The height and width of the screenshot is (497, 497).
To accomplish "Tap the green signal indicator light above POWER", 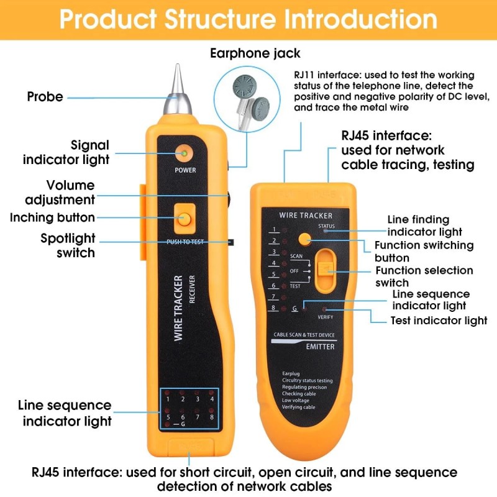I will pyautogui.click(x=185, y=153).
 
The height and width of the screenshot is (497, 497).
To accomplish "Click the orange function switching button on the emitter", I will pyautogui.click(x=304, y=239).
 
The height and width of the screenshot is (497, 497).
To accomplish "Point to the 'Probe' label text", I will pyautogui.click(x=45, y=97).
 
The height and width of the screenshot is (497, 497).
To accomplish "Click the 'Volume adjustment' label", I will pyautogui.click(x=60, y=193).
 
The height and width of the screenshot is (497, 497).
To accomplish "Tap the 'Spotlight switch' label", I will pyautogui.click(x=68, y=245).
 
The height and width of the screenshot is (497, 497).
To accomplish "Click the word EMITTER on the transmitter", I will pyautogui.click(x=321, y=347).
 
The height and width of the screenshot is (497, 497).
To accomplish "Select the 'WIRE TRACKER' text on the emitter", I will pyautogui.click(x=306, y=215).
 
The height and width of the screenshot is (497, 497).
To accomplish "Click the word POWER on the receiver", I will pyautogui.click(x=185, y=170).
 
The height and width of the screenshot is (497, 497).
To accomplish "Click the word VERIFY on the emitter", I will pyautogui.click(x=326, y=317).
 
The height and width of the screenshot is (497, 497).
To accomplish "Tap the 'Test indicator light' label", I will pyautogui.click(x=439, y=321).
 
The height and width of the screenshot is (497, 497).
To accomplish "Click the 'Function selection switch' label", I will pyautogui.click(x=424, y=276).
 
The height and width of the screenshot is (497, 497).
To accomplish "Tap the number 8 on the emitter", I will pyautogui.click(x=273, y=308).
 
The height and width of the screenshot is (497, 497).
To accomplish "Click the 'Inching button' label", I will pyautogui.click(x=52, y=218).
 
